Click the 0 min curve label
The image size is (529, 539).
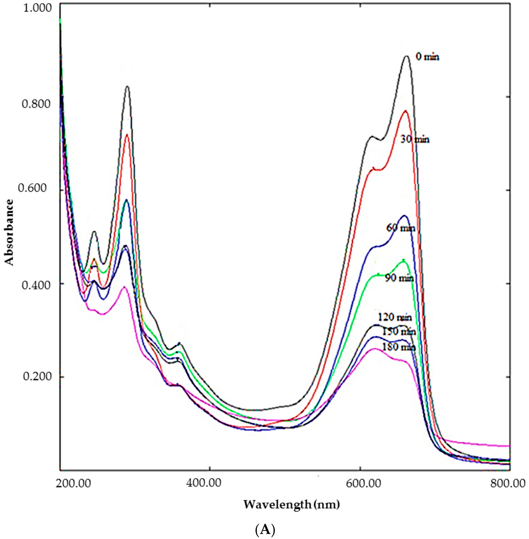427,57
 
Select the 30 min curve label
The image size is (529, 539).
415,139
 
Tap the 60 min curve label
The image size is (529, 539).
400,228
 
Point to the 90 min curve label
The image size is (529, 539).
399,278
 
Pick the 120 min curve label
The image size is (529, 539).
395,317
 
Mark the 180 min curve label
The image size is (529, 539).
399,347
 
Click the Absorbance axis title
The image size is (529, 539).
9,232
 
